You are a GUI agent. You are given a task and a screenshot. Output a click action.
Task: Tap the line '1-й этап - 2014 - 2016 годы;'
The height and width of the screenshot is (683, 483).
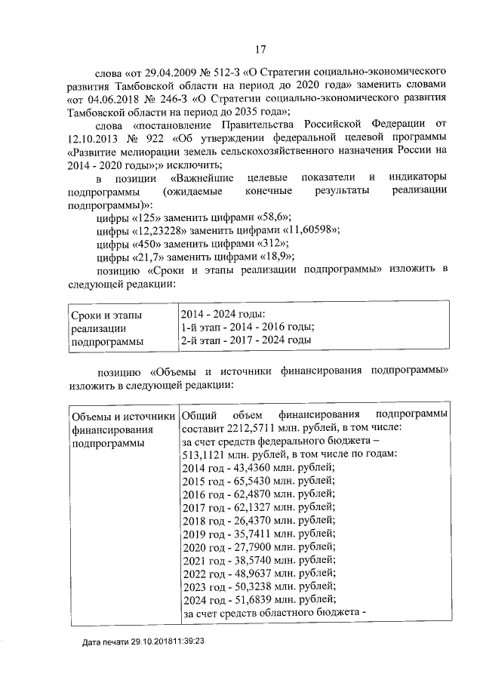point(248,327)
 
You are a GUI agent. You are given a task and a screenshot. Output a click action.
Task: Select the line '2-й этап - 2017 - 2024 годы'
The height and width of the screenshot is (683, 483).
point(246,340)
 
